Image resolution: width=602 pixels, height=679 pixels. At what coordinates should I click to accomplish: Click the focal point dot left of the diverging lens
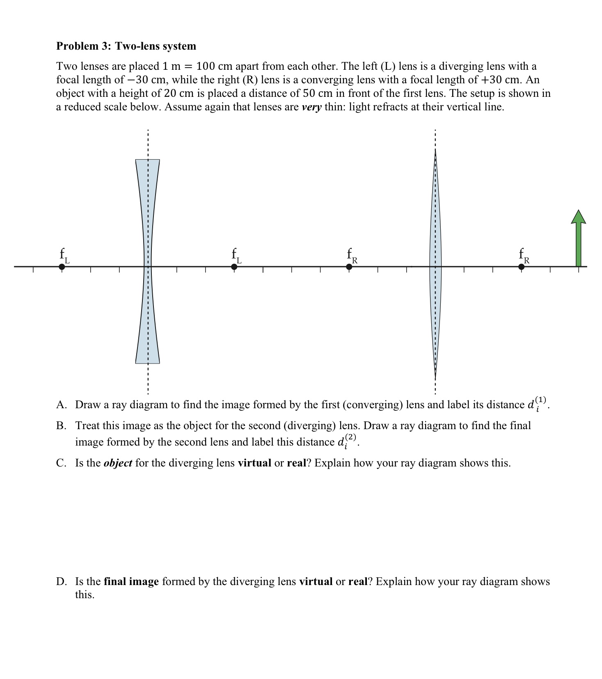click(x=62, y=267)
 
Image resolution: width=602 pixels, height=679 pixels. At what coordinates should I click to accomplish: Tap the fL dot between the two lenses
click(x=234, y=267)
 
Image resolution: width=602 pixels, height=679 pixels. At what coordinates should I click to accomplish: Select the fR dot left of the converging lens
click(x=349, y=267)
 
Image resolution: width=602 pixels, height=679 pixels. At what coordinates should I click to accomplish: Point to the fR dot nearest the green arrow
click(x=522, y=267)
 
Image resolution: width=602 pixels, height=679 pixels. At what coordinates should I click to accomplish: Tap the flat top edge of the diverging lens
click(x=147, y=160)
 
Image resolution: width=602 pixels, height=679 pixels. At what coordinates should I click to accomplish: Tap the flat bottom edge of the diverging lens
click(x=147, y=363)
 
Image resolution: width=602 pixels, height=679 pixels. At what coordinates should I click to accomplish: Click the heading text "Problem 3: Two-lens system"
click(x=126, y=46)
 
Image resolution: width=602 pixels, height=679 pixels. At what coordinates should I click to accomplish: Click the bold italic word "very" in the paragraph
click(x=311, y=107)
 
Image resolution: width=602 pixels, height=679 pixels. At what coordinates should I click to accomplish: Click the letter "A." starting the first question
click(x=61, y=405)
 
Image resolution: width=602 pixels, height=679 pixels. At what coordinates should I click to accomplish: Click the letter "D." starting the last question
click(x=61, y=581)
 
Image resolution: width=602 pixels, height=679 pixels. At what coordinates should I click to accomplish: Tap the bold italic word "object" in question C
click(x=118, y=463)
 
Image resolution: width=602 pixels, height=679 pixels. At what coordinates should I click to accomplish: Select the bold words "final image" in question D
click(x=131, y=581)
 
